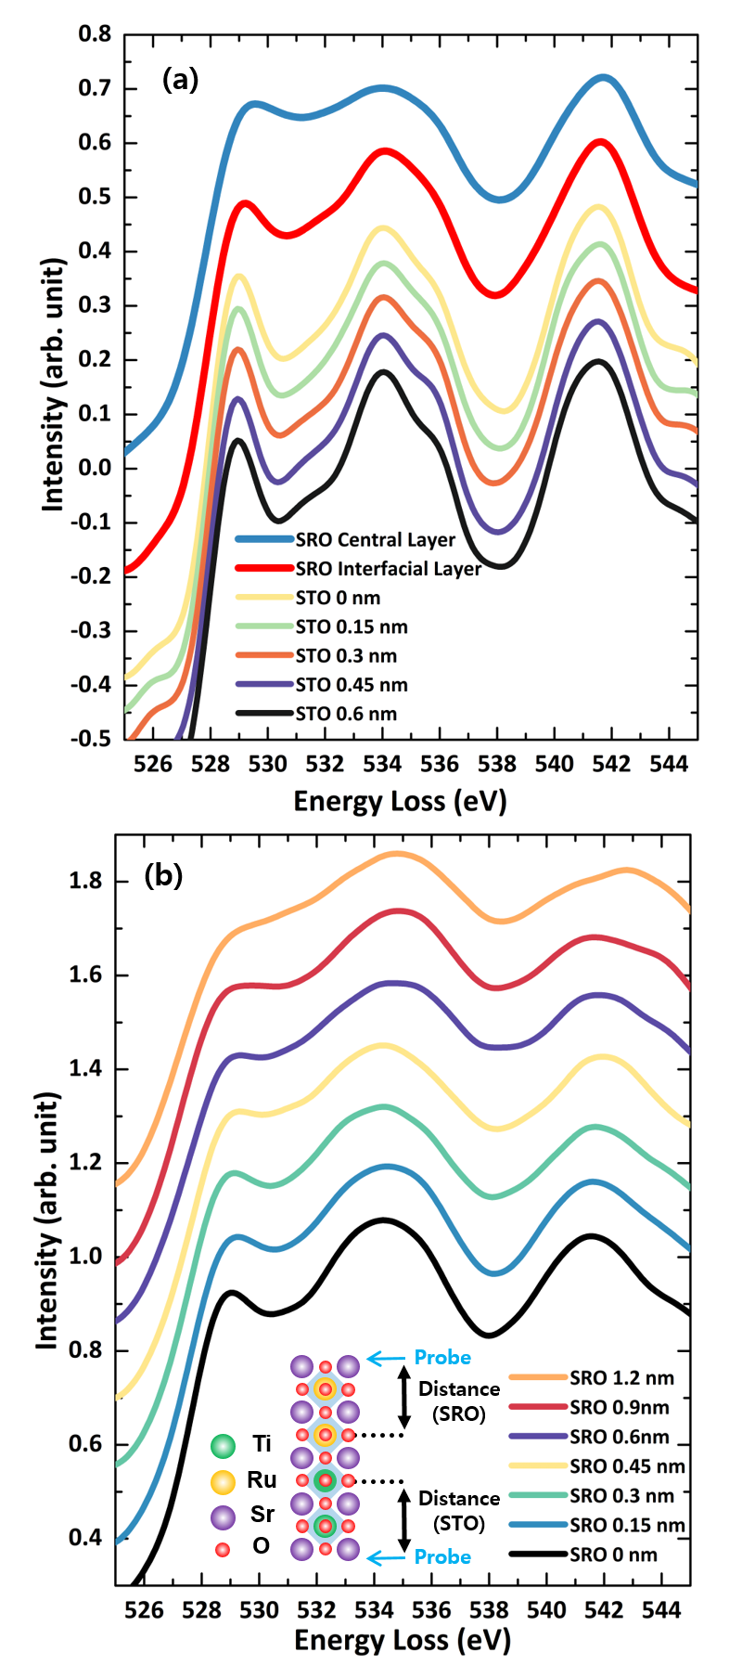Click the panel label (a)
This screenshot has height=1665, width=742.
click(180, 80)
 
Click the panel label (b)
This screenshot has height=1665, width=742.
click(163, 875)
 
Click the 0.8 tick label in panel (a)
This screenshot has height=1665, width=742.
click(95, 34)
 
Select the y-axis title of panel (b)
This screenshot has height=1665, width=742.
click(48, 1220)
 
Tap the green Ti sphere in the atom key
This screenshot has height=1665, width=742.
click(223, 1445)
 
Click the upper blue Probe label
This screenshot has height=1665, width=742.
click(442, 1357)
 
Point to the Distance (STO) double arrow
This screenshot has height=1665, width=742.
click(403, 1520)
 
